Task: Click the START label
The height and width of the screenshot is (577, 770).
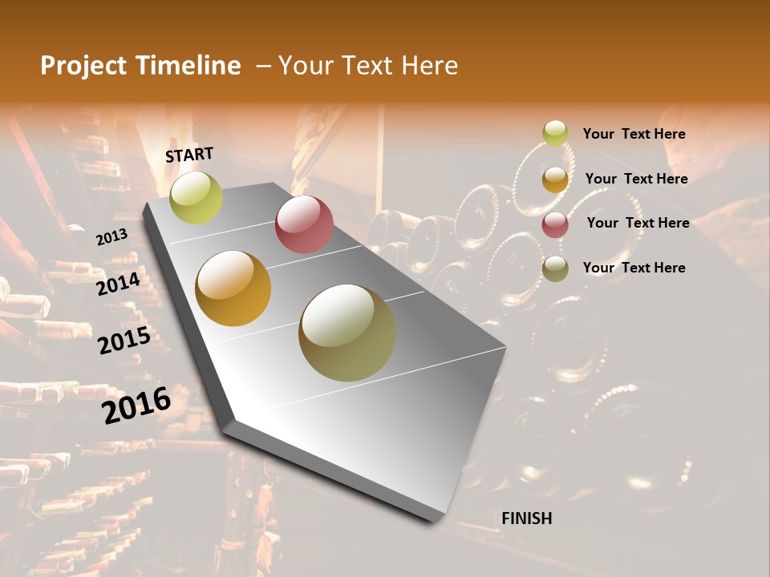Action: point(189,155)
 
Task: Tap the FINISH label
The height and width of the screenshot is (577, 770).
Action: point(526,518)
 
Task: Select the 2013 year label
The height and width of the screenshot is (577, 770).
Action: point(111,236)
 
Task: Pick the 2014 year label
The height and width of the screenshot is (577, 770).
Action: point(118,284)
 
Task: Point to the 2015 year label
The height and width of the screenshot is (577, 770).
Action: point(124,341)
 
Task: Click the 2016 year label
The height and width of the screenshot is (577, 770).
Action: point(136,406)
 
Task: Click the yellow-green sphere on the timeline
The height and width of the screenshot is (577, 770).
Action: point(196,197)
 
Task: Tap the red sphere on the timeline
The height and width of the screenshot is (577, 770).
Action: point(304,224)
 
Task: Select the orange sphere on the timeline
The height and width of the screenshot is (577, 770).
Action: point(233,288)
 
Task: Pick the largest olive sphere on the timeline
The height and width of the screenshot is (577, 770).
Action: point(347,333)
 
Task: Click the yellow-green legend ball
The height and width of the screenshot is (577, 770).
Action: point(555,133)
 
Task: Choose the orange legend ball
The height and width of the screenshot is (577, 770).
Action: point(555,180)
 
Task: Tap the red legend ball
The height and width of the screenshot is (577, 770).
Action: point(555,224)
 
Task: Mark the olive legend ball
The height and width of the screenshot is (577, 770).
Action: point(555,268)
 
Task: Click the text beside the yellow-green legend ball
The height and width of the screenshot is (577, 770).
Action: point(634,134)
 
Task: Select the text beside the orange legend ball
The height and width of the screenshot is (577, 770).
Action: point(636,179)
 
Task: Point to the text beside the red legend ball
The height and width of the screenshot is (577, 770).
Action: point(638,223)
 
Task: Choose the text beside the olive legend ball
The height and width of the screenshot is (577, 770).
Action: point(634,268)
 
